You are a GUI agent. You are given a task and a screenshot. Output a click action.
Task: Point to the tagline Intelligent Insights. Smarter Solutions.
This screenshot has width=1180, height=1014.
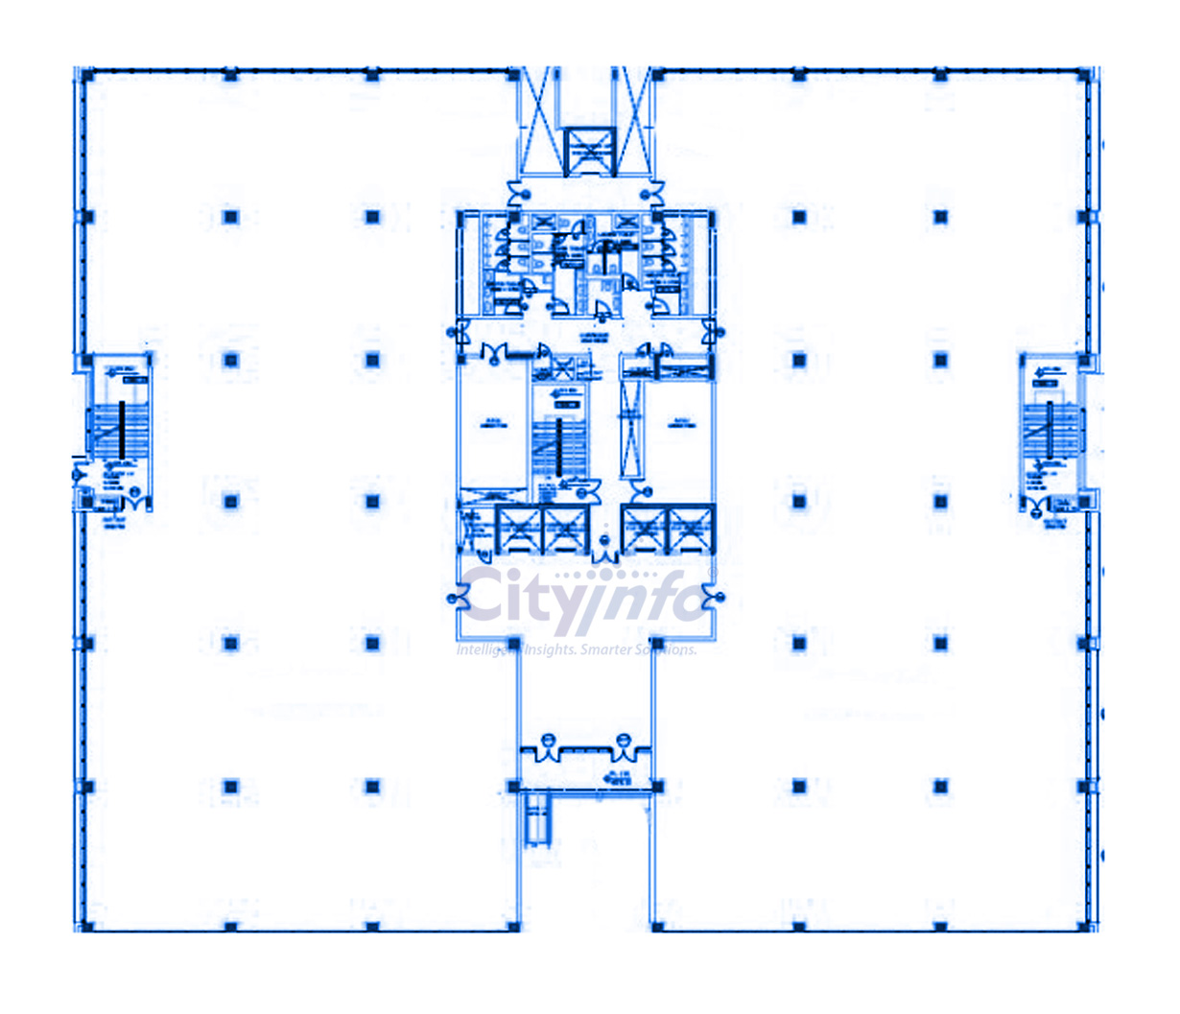point(576,649)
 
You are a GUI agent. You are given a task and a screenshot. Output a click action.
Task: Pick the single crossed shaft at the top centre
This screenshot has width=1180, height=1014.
point(588,152)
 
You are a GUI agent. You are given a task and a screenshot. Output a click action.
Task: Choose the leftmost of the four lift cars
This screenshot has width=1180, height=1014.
point(518,530)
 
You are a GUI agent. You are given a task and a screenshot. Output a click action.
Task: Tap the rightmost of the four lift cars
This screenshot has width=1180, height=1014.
point(691,530)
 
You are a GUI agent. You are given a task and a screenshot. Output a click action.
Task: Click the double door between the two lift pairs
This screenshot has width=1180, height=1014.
point(604,551)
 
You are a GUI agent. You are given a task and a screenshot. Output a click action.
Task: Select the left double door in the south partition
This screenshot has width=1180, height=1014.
point(548,746)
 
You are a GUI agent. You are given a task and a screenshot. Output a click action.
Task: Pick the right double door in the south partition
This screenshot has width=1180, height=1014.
point(625,746)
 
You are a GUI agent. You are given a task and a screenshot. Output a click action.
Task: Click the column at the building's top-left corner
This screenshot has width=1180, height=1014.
point(86,75)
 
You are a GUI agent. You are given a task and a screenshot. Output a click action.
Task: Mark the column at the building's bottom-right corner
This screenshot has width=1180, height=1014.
point(1084,927)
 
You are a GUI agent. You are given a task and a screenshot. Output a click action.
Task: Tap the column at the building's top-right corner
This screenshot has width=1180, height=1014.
point(1084,75)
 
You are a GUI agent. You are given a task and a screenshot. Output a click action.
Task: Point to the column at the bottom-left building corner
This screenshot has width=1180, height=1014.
point(86,927)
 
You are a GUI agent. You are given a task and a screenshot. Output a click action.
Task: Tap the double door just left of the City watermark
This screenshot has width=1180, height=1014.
point(458,600)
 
